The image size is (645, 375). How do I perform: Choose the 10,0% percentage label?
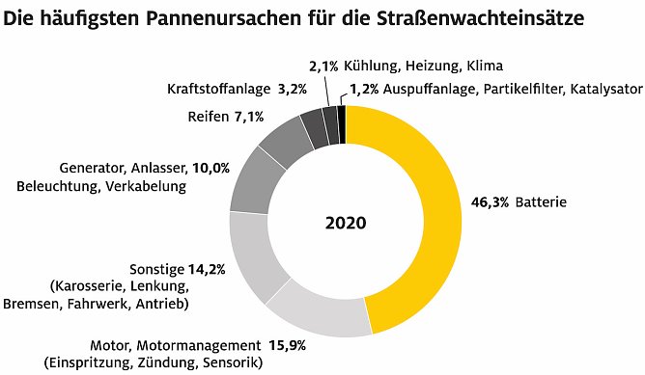tap(211, 167)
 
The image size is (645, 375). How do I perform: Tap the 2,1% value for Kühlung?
tap(323, 67)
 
